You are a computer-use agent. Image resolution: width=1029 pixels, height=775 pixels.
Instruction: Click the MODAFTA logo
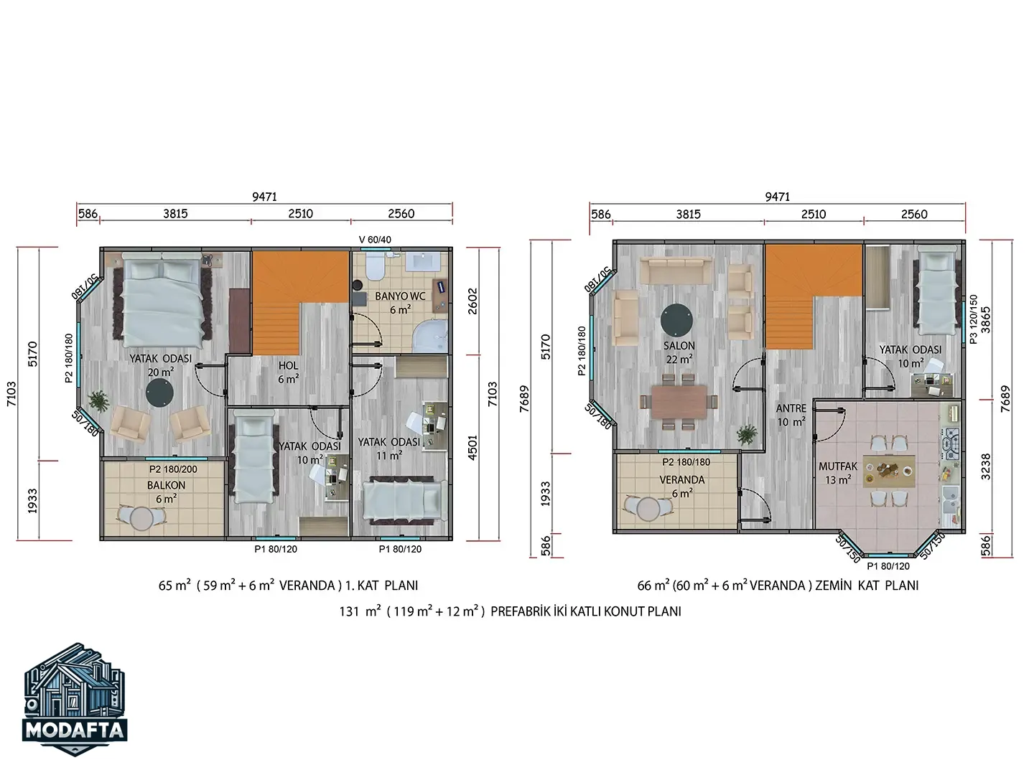coord(75,699)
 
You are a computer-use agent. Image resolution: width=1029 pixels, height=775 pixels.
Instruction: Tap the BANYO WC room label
coord(400,296)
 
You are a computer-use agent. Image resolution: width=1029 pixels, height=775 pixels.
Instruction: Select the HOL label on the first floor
coord(288,366)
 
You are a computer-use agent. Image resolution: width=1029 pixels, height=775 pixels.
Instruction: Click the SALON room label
coord(679,346)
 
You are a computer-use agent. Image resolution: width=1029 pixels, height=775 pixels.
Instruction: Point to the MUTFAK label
coord(838,466)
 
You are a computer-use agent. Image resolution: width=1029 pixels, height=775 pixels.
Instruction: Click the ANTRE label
coord(791,408)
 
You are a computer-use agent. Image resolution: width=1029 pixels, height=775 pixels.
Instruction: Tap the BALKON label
coord(166,485)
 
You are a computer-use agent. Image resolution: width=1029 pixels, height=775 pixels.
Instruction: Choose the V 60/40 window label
coord(375,240)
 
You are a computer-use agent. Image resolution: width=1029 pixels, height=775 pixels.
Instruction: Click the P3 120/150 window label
coord(973,319)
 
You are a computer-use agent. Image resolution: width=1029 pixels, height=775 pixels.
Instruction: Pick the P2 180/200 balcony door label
coord(173,469)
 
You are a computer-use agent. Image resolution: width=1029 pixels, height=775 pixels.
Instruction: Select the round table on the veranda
coord(648,509)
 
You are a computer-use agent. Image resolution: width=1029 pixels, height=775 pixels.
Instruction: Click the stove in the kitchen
coord(951,443)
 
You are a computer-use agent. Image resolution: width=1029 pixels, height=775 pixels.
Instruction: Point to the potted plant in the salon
coord(746,435)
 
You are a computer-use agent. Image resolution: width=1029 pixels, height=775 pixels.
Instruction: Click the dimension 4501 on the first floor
coord(472,448)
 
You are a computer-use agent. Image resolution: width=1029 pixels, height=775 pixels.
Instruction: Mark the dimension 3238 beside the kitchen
coord(986,467)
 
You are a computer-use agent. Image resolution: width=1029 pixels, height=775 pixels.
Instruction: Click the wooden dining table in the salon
coord(679,402)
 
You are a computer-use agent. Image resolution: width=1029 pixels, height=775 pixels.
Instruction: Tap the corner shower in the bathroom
coord(430,336)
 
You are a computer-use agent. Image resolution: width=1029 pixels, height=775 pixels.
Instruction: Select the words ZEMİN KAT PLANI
coord(867,586)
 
